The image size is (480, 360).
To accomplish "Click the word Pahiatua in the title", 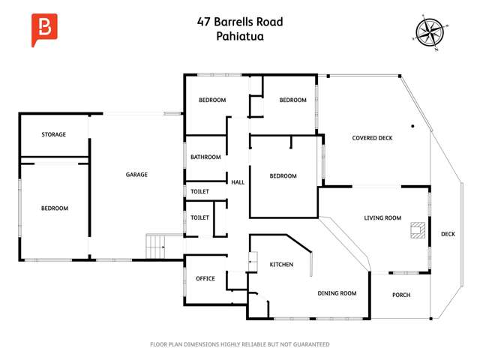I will coord(240,35).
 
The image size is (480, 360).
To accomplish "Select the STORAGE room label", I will coord(53,135).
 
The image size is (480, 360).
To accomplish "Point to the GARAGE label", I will coord(136,175).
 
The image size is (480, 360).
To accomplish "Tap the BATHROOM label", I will coord(205,157).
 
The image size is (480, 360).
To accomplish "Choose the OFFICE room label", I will coord(205,279).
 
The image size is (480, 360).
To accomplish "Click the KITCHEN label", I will coord(281,265).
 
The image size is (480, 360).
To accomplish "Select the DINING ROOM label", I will coord(337,293).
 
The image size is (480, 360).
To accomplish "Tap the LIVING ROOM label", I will coord(382,218).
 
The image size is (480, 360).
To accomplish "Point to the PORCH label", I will coord(401,295).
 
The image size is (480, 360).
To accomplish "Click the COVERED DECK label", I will coord(372,138).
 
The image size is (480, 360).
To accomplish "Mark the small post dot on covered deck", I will coord(412,126).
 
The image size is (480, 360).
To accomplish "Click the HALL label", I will coord(238,182).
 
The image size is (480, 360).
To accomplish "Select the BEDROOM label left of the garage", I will coord(54,208).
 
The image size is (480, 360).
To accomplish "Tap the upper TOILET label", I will coord(199,192).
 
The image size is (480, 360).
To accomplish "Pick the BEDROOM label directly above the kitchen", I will coord(283,176).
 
